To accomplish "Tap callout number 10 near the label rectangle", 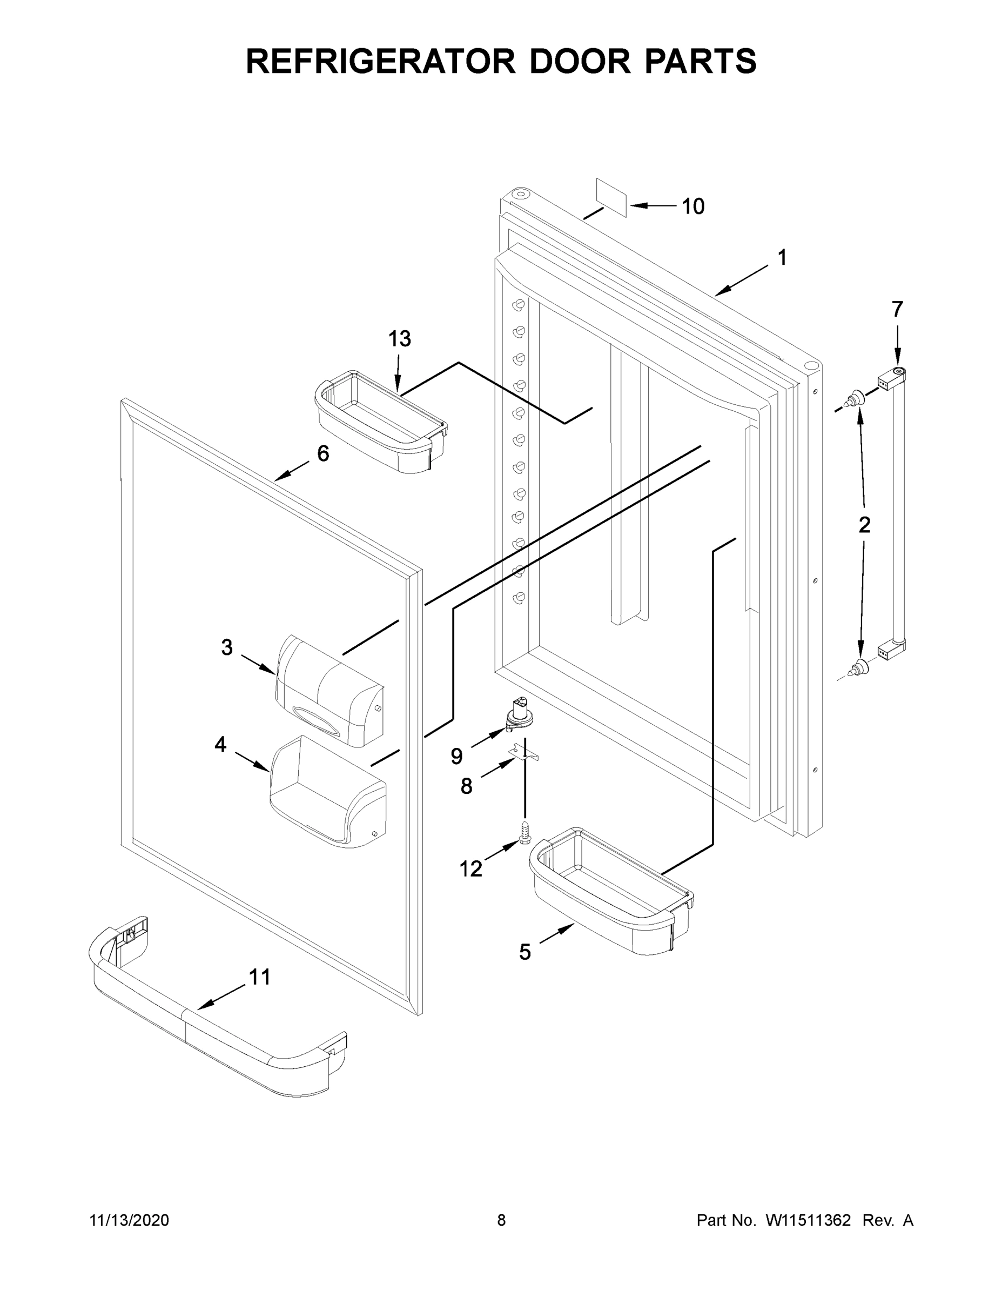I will (x=692, y=206).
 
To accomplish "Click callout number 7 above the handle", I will (x=897, y=310).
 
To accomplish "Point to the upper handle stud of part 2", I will (x=856, y=399).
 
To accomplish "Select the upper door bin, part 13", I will (x=380, y=421).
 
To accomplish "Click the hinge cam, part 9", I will (x=519, y=714).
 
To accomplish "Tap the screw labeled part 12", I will (x=524, y=832).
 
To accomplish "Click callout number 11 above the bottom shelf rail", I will (x=259, y=977).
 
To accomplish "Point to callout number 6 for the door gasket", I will (x=322, y=454).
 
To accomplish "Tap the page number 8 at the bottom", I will (x=501, y=1220).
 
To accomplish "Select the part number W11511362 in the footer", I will (x=808, y=1220).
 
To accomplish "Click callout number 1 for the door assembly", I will (x=782, y=258).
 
